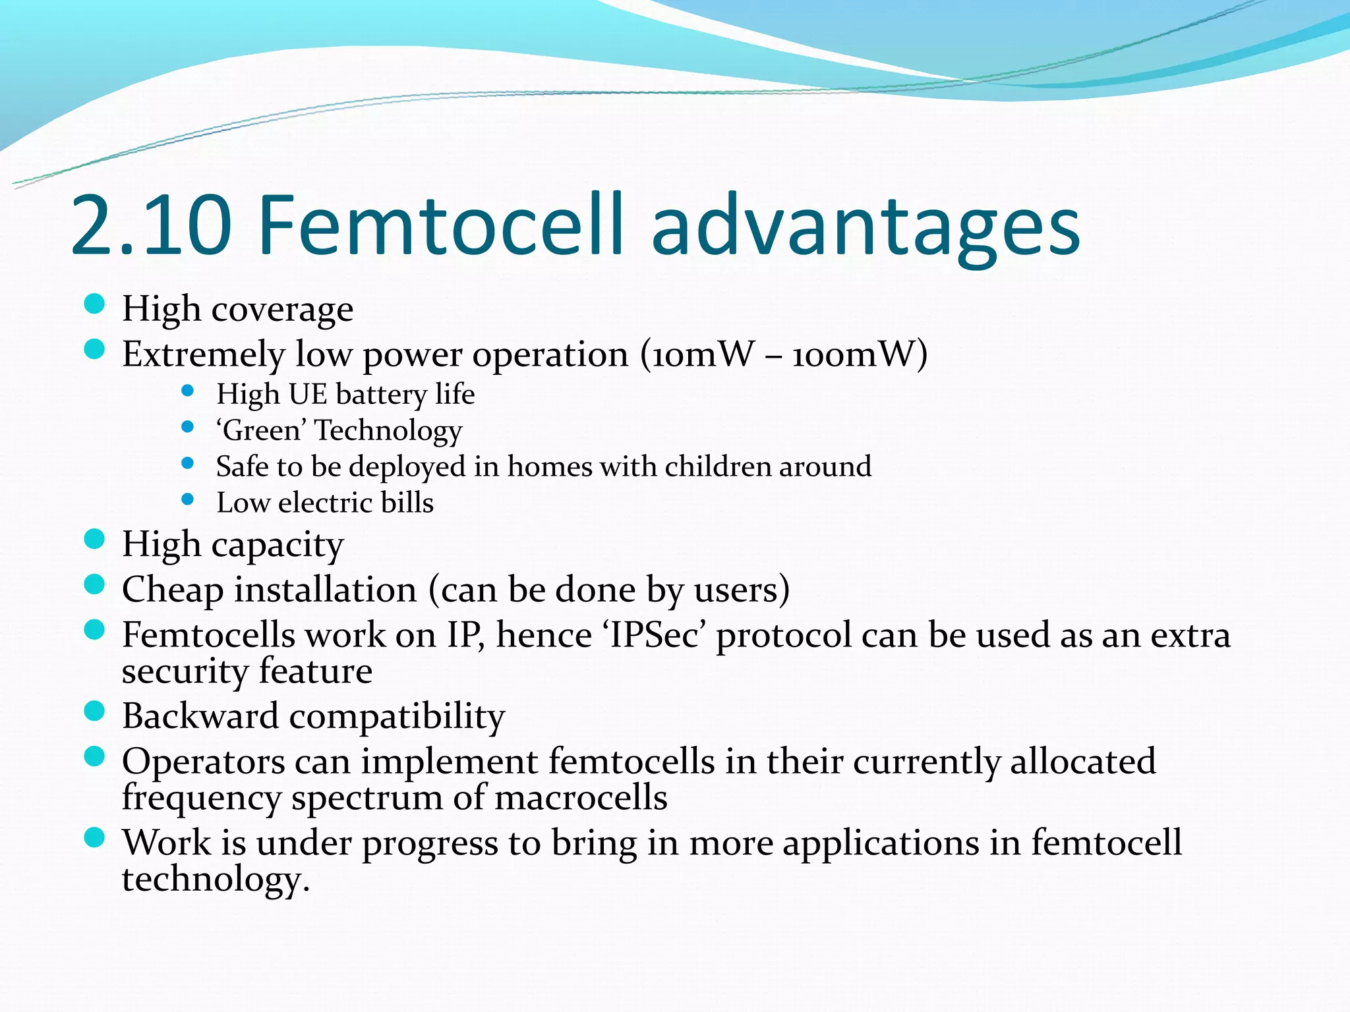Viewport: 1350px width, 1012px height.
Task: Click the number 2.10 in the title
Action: click(151, 225)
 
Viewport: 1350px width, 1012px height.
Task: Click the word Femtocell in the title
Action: click(440, 225)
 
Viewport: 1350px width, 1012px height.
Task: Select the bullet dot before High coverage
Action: click(95, 304)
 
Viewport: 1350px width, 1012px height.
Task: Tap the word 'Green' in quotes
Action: click(262, 431)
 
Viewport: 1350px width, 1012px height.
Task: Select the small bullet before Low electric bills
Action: click(188, 499)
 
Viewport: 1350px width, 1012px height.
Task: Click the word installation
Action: click(326, 590)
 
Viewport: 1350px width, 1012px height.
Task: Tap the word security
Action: click(185, 672)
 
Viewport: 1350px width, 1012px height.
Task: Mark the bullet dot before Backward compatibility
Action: click(95, 711)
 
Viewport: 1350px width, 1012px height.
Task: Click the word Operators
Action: click(203, 762)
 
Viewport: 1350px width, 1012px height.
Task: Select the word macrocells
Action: click(580, 798)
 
